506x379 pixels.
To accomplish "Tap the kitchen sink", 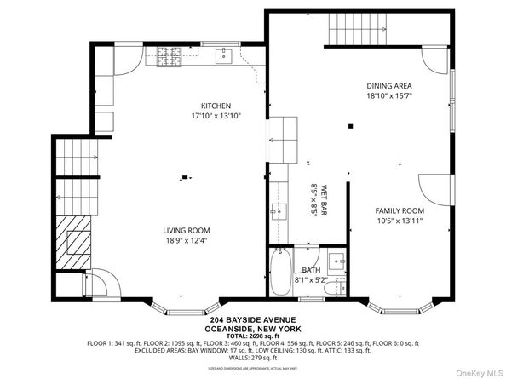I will (224, 57).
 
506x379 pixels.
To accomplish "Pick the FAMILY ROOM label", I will (400, 210).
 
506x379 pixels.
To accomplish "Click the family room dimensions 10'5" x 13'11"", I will (400, 221).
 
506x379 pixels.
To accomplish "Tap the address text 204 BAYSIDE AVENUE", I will (253, 323).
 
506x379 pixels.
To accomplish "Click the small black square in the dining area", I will (350, 127).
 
